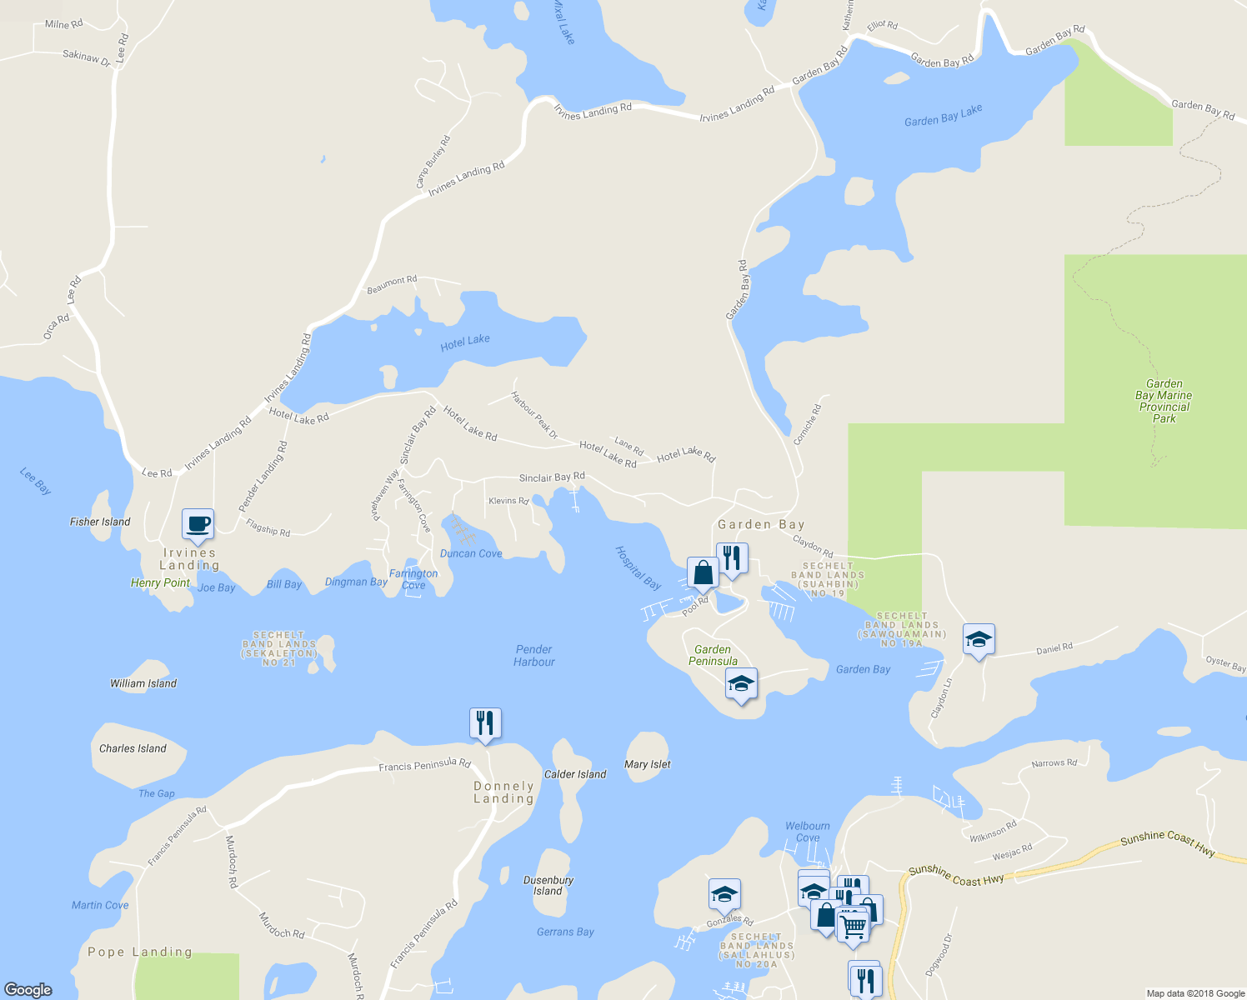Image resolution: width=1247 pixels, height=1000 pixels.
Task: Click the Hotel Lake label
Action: coord(465,342)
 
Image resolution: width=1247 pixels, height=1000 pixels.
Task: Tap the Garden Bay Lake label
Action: coord(943,116)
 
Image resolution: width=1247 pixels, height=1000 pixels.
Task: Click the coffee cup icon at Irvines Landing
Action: coord(198,525)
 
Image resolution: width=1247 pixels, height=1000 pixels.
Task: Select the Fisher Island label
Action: coord(100,522)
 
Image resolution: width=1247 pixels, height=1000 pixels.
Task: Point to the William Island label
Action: coord(143,683)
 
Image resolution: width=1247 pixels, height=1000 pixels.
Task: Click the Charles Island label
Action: coord(133,748)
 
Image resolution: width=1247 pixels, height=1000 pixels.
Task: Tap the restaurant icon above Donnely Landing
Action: coord(485,723)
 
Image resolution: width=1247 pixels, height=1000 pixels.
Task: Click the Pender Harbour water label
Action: coord(534,656)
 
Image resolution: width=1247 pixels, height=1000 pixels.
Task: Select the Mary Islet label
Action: coord(648,764)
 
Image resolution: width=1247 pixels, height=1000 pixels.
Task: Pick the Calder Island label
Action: coord(575,774)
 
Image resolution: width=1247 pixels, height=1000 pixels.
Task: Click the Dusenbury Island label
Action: coord(548,885)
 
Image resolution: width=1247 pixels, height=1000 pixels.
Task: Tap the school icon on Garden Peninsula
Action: coord(741,684)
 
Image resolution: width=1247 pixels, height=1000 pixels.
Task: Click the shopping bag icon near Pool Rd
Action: coord(703,573)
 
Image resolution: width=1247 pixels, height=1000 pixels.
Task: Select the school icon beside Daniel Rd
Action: coord(979,640)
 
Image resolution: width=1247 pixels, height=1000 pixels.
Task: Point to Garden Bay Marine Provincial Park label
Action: coord(1164,401)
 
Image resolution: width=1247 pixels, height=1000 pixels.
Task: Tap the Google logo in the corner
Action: coord(28,990)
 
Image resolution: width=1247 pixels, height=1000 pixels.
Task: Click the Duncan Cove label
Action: coord(471,553)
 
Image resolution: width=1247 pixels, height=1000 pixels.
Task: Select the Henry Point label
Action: coord(160,582)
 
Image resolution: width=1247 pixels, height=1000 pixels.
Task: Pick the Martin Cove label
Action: coord(100,905)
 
